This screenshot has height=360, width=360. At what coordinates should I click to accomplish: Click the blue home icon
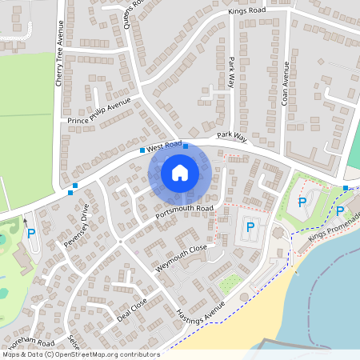tap(180, 172)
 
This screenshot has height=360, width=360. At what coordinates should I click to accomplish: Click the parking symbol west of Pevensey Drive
tap(31, 234)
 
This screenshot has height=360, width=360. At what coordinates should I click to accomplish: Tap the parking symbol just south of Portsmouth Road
tap(250, 227)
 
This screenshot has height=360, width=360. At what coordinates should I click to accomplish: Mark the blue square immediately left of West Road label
tap(142, 150)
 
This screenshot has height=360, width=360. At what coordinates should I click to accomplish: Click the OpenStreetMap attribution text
tap(80, 354)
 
